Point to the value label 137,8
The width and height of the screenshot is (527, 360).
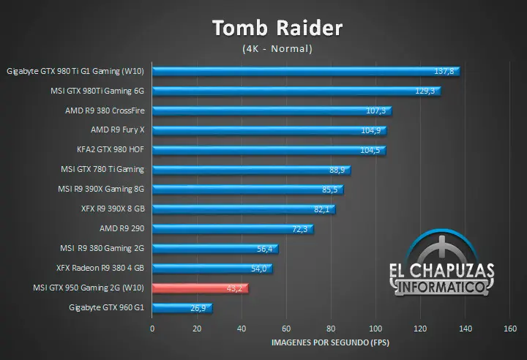coord(444,71)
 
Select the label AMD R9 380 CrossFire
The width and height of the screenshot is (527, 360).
coord(105,110)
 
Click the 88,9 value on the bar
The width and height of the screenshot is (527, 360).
coord(337,170)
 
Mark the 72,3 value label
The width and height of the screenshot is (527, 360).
coord(300,229)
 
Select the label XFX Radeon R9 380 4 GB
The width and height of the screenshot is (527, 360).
coord(100,269)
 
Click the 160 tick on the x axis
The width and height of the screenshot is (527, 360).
coord(511,329)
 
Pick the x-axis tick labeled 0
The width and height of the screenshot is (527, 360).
coord(152,329)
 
